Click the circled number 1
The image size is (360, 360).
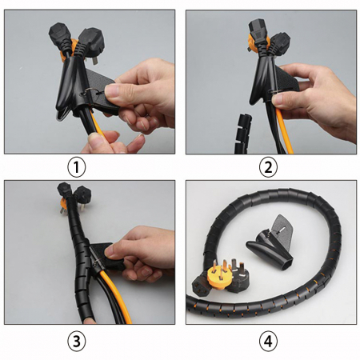(76, 168)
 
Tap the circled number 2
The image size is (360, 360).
(268, 168)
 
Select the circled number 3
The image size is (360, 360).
(77, 342)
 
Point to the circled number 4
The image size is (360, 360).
(268, 342)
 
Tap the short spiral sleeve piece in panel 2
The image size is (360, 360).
(242, 134)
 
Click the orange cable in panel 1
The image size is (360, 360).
(98, 126)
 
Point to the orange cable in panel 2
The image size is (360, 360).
(284, 130)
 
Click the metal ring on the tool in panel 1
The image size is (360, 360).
(88, 93)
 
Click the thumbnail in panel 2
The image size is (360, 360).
(278, 99)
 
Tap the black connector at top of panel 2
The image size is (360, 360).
(258, 31)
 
